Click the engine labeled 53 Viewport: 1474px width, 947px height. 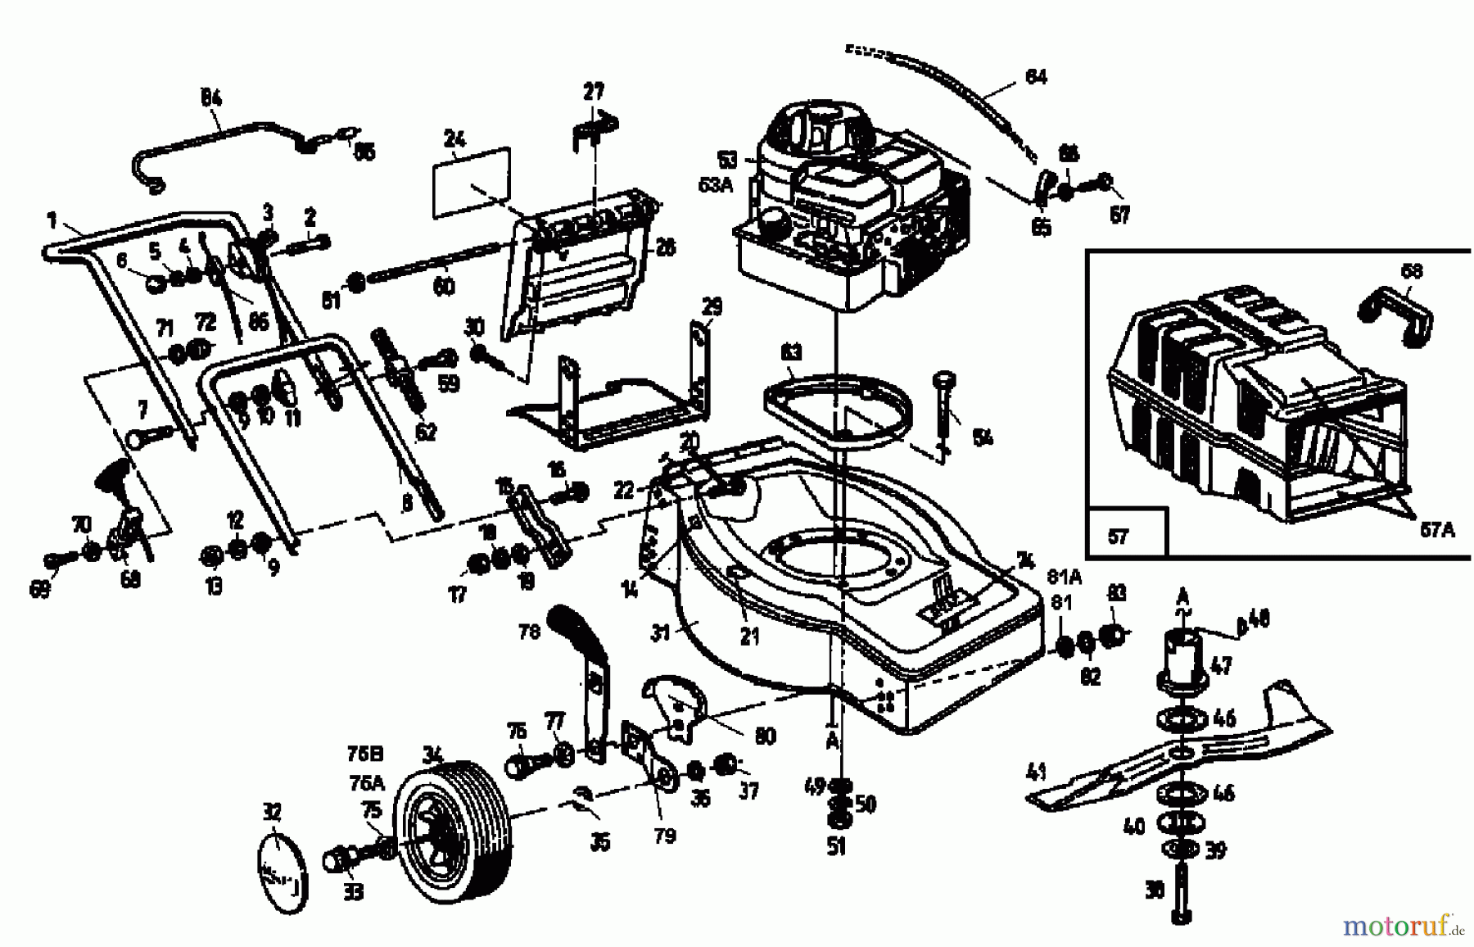point(852,213)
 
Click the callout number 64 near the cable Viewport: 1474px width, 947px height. point(1036,77)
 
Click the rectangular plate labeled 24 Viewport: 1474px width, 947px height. point(471,184)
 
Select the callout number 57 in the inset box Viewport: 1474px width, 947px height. point(1118,537)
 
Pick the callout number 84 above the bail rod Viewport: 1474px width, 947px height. point(211,98)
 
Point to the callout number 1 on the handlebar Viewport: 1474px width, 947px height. point(52,220)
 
